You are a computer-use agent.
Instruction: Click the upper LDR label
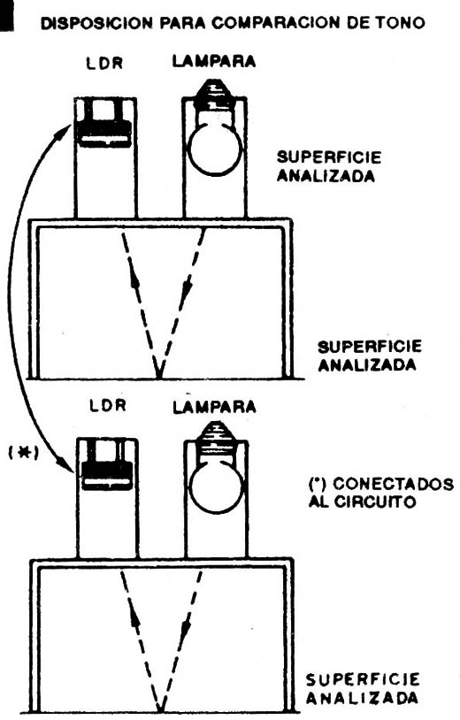click(x=104, y=63)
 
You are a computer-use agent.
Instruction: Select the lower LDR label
click(x=107, y=405)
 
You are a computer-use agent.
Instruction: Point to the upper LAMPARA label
click(x=214, y=61)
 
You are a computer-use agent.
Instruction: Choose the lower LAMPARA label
click(x=214, y=407)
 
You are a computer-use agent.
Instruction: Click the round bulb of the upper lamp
click(x=215, y=149)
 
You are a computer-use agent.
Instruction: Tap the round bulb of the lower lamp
click(x=217, y=489)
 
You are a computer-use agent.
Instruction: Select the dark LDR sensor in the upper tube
click(x=104, y=134)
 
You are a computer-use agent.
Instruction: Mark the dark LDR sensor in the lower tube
click(x=107, y=476)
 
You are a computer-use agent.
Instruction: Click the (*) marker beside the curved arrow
click(x=23, y=452)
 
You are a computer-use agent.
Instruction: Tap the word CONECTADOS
click(x=393, y=484)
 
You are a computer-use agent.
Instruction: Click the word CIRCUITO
click(x=374, y=501)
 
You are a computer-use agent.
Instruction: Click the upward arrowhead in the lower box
click(x=134, y=618)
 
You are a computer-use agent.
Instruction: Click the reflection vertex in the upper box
click(x=159, y=377)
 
